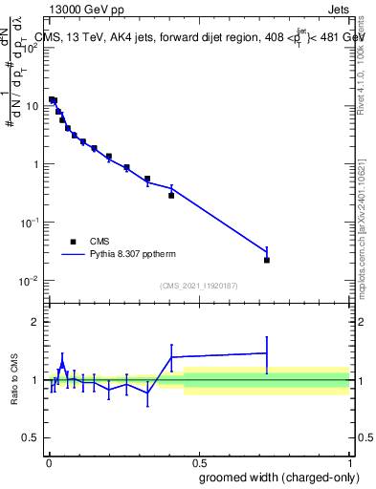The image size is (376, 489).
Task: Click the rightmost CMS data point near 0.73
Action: click(267, 260)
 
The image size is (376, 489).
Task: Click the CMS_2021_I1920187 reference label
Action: click(198, 286)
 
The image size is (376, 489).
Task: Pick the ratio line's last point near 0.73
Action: click(267, 353)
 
